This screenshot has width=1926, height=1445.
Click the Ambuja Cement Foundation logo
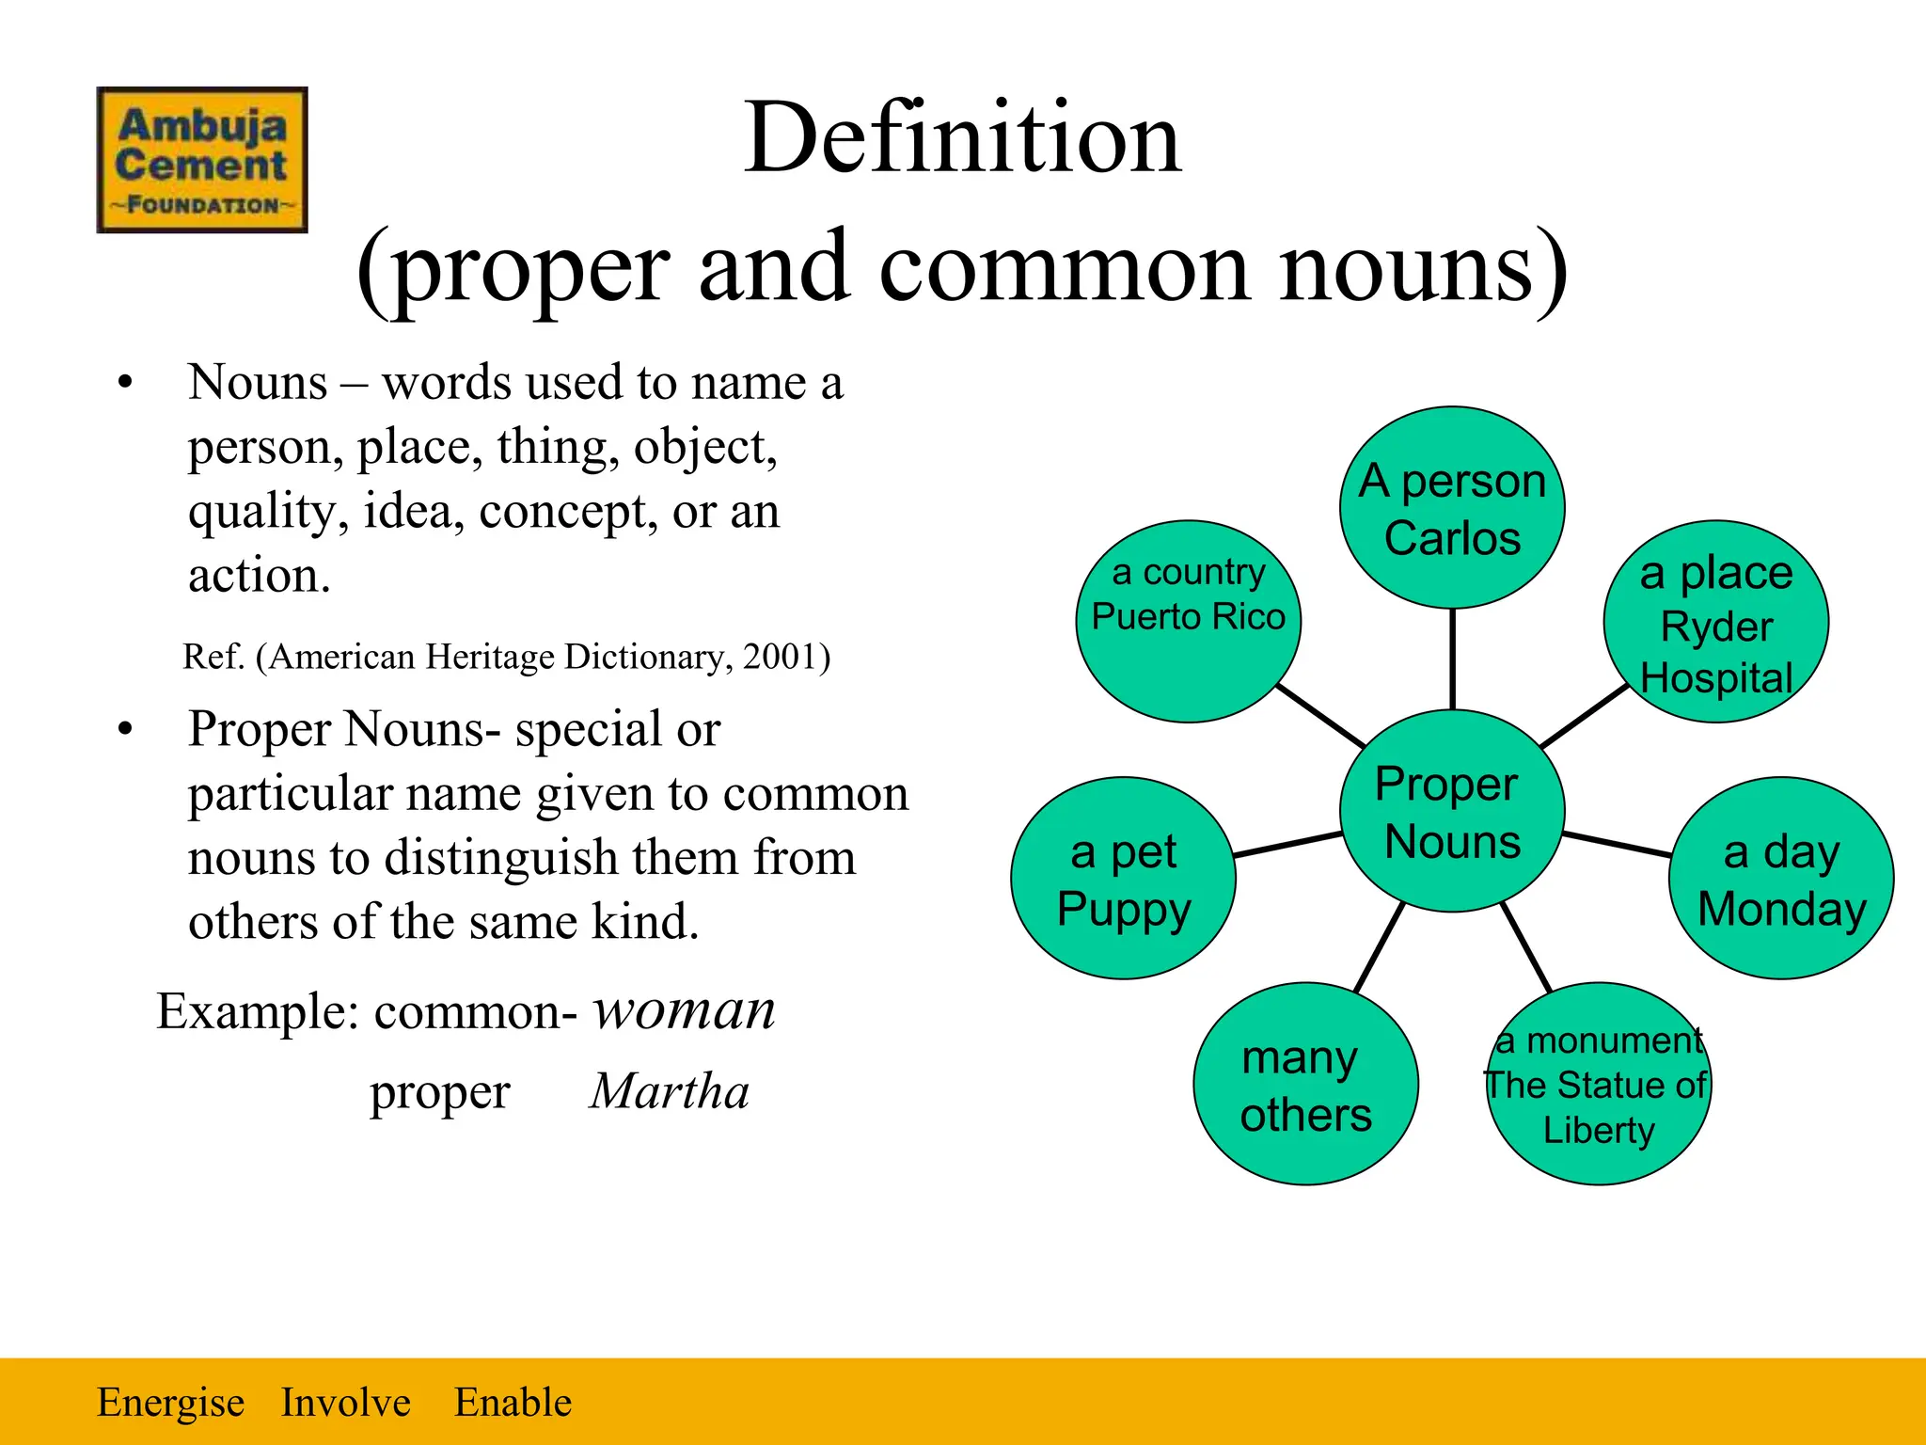[202, 160]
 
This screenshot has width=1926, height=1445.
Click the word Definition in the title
[962, 138]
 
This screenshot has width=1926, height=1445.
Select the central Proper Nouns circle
[1452, 811]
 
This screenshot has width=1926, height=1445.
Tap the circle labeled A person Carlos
[1452, 508]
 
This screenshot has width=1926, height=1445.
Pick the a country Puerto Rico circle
[1189, 621]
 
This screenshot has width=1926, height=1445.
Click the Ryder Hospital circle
[1716, 622]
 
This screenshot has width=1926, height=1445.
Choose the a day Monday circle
[1781, 879]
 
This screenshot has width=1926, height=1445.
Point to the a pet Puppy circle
[1123, 879]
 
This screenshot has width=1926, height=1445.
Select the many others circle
[1305, 1085]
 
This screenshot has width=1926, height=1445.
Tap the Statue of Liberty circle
[1598, 1085]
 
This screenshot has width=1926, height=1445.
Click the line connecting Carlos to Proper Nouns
[1453, 659]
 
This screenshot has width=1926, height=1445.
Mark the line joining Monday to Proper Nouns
[1618, 844]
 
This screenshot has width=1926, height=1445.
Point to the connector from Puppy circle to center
[1287, 844]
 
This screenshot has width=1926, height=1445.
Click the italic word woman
[684, 1011]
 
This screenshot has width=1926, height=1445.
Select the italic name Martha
[670, 1091]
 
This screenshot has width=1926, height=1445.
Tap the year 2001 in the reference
[780, 657]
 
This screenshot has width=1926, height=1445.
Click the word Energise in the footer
[170, 1402]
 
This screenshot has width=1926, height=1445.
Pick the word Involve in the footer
[345, 1402]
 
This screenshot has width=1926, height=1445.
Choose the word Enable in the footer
[513, 1402]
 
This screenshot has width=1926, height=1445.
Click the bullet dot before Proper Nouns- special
[125, 730]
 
